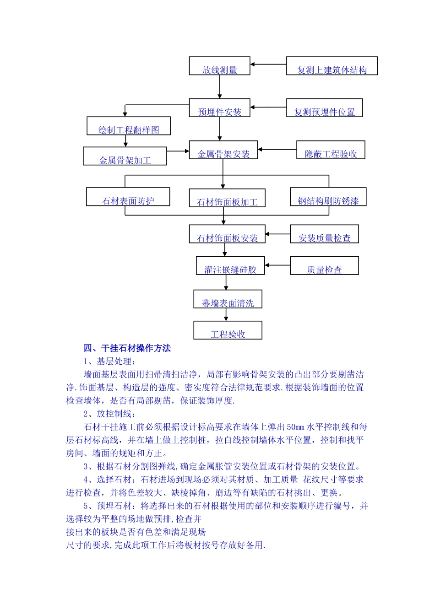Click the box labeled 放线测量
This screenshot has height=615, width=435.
tap(219, 66)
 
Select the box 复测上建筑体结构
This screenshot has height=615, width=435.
tap(332, 66)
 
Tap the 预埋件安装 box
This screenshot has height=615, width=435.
tap(219, 108)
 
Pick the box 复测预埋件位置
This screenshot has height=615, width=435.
tap(324, 108)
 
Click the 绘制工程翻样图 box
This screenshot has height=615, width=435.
tap(129, 126)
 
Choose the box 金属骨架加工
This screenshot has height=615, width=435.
tap(125, 156)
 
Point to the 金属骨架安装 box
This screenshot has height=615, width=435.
tap(223, 150)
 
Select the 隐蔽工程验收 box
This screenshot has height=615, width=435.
tap(331, 150)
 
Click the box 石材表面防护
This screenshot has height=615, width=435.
tap(128, 197)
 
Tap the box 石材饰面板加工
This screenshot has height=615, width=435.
tap(227, 198)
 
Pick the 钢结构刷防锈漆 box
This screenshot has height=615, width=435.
tap(328, 197)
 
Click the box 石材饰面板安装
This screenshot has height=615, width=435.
tap(227, 234)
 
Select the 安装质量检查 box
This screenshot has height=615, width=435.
tap(324, 234)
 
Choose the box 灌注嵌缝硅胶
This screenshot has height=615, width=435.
tap(230, 266)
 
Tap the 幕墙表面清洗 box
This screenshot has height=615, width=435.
tap(228, 299)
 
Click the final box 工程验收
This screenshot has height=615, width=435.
tap(228, 330)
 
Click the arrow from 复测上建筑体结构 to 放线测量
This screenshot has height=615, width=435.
tap(268, 65)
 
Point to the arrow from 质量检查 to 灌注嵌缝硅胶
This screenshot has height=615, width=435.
tap(277, 265)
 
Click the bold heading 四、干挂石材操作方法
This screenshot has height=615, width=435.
tap(127, 349)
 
